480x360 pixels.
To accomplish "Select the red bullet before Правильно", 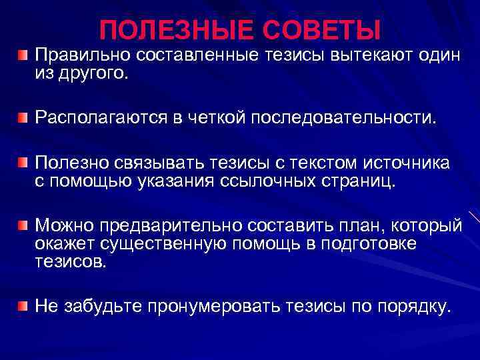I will [x=24, y=53].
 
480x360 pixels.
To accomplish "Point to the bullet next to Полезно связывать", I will [x=24, y=163].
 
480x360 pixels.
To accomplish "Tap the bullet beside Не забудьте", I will [x=24, y=307].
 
